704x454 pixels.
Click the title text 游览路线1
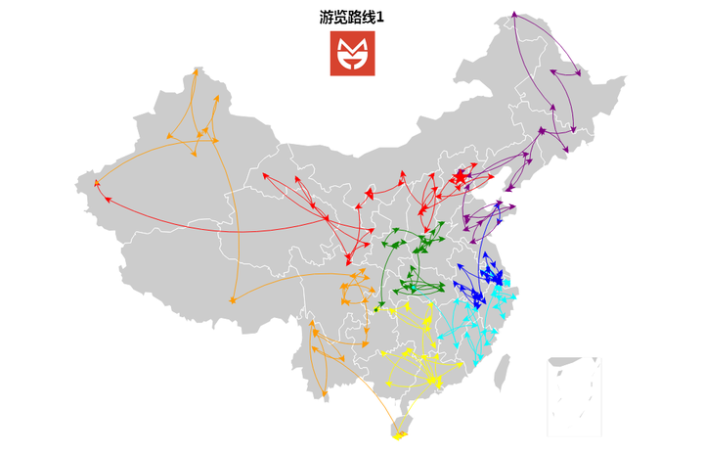(351, 17)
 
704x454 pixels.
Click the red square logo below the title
(351, 54)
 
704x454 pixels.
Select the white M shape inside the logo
(351, 48)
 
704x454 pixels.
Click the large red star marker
(460, 178)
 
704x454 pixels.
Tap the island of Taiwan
(505, 372)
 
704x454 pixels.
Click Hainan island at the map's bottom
(400, 428)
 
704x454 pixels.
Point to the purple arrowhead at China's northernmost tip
(513, 15)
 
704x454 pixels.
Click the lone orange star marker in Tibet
(232, 300)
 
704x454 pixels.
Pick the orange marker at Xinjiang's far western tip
(95, 183)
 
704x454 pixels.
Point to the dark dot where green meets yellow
(378, 308)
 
